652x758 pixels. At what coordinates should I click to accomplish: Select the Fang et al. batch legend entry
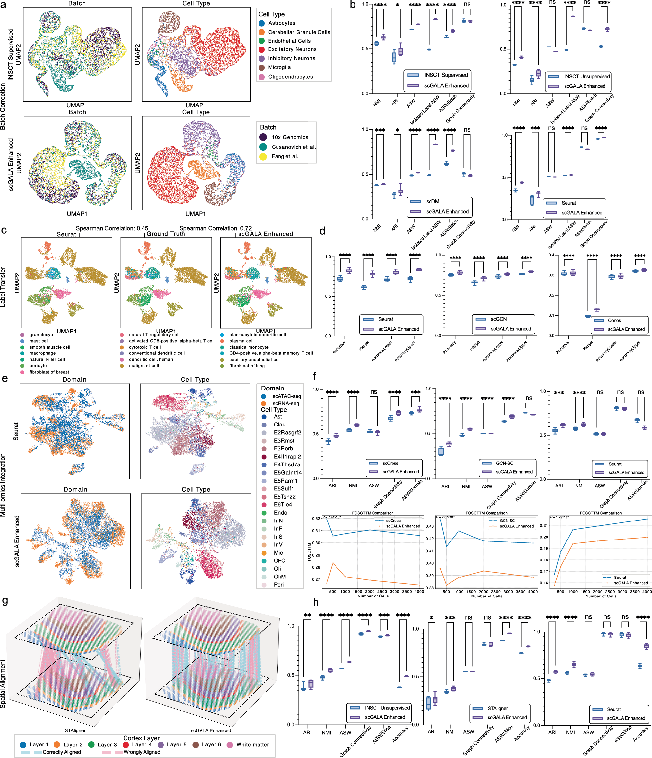284,156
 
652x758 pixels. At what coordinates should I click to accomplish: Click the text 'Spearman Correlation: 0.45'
112,228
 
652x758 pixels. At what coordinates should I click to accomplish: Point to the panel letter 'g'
5,601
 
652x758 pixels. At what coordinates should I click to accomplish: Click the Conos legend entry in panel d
614,320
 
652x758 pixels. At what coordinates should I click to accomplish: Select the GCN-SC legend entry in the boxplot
505,463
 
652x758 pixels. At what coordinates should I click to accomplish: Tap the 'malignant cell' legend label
144,366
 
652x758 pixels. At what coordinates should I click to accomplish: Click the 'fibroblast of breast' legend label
49,372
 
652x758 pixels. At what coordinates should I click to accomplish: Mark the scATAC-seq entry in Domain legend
286,396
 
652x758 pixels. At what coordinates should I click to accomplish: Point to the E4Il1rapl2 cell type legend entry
287,457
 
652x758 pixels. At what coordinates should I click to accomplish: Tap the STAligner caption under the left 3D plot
75,730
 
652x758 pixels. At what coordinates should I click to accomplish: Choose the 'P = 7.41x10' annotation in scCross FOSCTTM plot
332,517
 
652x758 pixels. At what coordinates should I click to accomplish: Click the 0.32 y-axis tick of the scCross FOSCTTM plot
316,518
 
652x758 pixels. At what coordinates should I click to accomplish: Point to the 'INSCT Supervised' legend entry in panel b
446,75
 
